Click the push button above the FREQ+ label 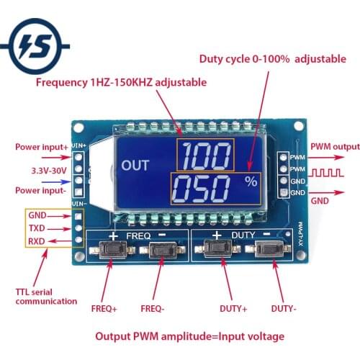(111, 251)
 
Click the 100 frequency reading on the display (207, 156)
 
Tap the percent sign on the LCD (251, 182)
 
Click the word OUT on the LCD (135, 166)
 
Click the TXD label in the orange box (37, 227)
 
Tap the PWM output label (334, 148)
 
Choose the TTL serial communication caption (45, 296)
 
